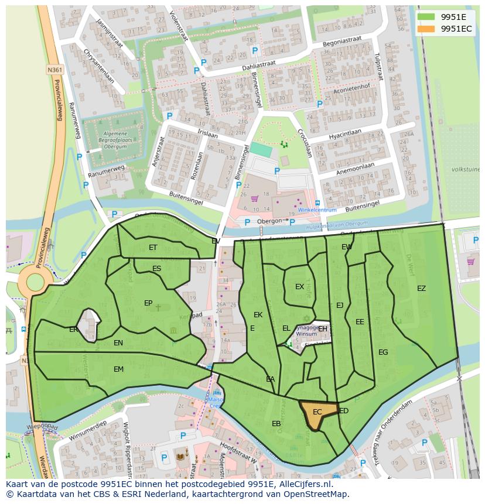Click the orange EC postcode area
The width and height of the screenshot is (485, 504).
316,413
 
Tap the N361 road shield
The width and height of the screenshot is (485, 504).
55,70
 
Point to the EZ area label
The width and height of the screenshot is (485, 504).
421,289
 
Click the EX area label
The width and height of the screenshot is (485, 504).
299,287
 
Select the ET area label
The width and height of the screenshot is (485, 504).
153,248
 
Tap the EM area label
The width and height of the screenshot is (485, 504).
118,369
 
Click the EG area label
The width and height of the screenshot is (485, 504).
383,352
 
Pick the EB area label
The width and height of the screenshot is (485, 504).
276,424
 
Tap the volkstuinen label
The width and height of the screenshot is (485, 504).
466,169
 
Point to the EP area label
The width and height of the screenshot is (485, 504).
148,303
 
